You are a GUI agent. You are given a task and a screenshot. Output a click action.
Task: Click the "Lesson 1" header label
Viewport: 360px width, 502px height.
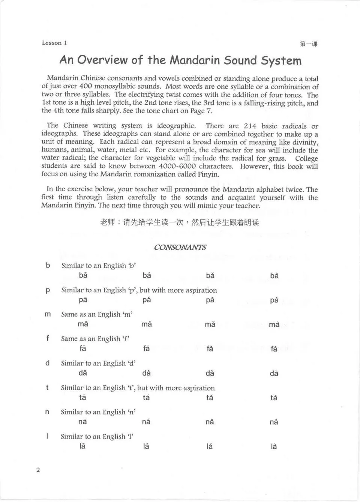54,43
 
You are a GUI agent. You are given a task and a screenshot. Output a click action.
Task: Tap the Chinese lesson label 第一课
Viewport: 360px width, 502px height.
309,44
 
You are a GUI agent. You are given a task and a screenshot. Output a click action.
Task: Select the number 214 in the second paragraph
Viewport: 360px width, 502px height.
250,126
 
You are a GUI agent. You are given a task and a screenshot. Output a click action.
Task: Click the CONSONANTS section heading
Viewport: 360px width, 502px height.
180,247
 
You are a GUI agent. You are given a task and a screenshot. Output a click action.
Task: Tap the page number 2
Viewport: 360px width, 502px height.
38,470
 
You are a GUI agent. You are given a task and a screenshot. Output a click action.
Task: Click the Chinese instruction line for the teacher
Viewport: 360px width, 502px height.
180,222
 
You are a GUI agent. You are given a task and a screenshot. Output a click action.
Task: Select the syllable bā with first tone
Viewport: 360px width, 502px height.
83,275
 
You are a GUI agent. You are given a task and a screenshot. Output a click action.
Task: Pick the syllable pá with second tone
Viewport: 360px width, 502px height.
147,300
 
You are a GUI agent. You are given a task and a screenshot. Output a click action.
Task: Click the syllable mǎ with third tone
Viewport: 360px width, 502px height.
210,324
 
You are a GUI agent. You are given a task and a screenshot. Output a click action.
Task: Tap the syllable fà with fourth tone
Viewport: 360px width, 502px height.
274,349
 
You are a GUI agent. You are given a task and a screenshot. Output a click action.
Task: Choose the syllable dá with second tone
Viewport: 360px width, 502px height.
146,373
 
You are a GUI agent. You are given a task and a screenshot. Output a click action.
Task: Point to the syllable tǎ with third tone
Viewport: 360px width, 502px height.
210,397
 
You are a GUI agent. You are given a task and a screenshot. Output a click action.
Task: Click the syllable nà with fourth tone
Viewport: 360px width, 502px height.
274,422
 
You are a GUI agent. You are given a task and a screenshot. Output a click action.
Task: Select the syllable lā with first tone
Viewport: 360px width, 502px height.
82,446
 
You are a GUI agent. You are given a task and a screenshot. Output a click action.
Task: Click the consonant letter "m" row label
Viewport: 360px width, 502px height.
48,314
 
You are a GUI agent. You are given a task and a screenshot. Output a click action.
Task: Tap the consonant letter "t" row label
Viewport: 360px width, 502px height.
47,387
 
